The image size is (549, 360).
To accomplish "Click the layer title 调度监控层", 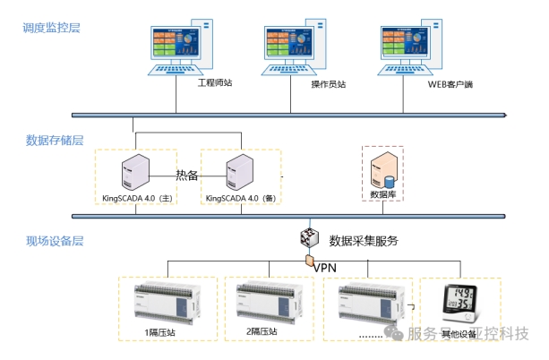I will pos(51,29).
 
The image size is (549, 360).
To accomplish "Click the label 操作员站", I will pos(328,85).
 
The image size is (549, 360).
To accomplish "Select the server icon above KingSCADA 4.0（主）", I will pos(134,171).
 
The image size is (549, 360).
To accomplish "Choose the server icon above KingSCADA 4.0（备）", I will pos(240,171).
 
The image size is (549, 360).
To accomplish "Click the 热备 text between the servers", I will pos(187,175).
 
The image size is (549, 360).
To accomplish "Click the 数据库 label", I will pos(383,193).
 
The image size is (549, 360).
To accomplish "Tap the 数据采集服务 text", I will pos(364,240).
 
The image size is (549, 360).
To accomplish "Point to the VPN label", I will pos(323,266).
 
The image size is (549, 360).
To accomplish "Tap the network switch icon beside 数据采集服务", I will pos(309,239).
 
